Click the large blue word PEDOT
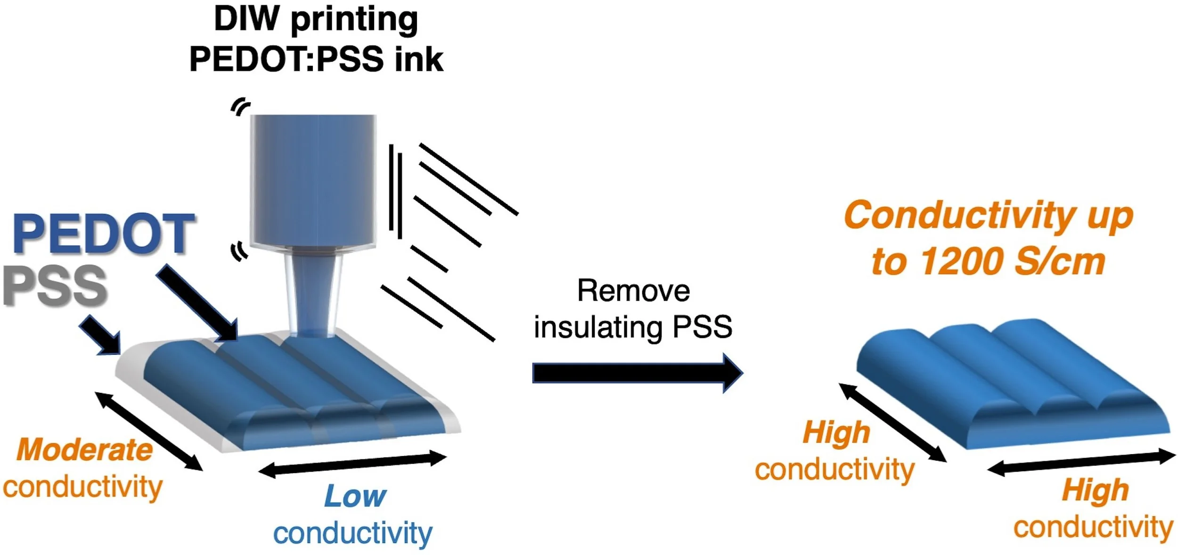tap(104, 234)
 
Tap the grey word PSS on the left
tap(56, 286)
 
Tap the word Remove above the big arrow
tap(633, 291)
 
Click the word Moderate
tap(85, 450)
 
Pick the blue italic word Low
tap(355, 496)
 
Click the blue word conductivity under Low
tap(352, 533)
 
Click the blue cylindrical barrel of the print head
tap(313, 179)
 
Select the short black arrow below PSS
tap(100, 335)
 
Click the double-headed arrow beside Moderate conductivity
tap(149, 432)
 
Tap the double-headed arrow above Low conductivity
tap(352, 464)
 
